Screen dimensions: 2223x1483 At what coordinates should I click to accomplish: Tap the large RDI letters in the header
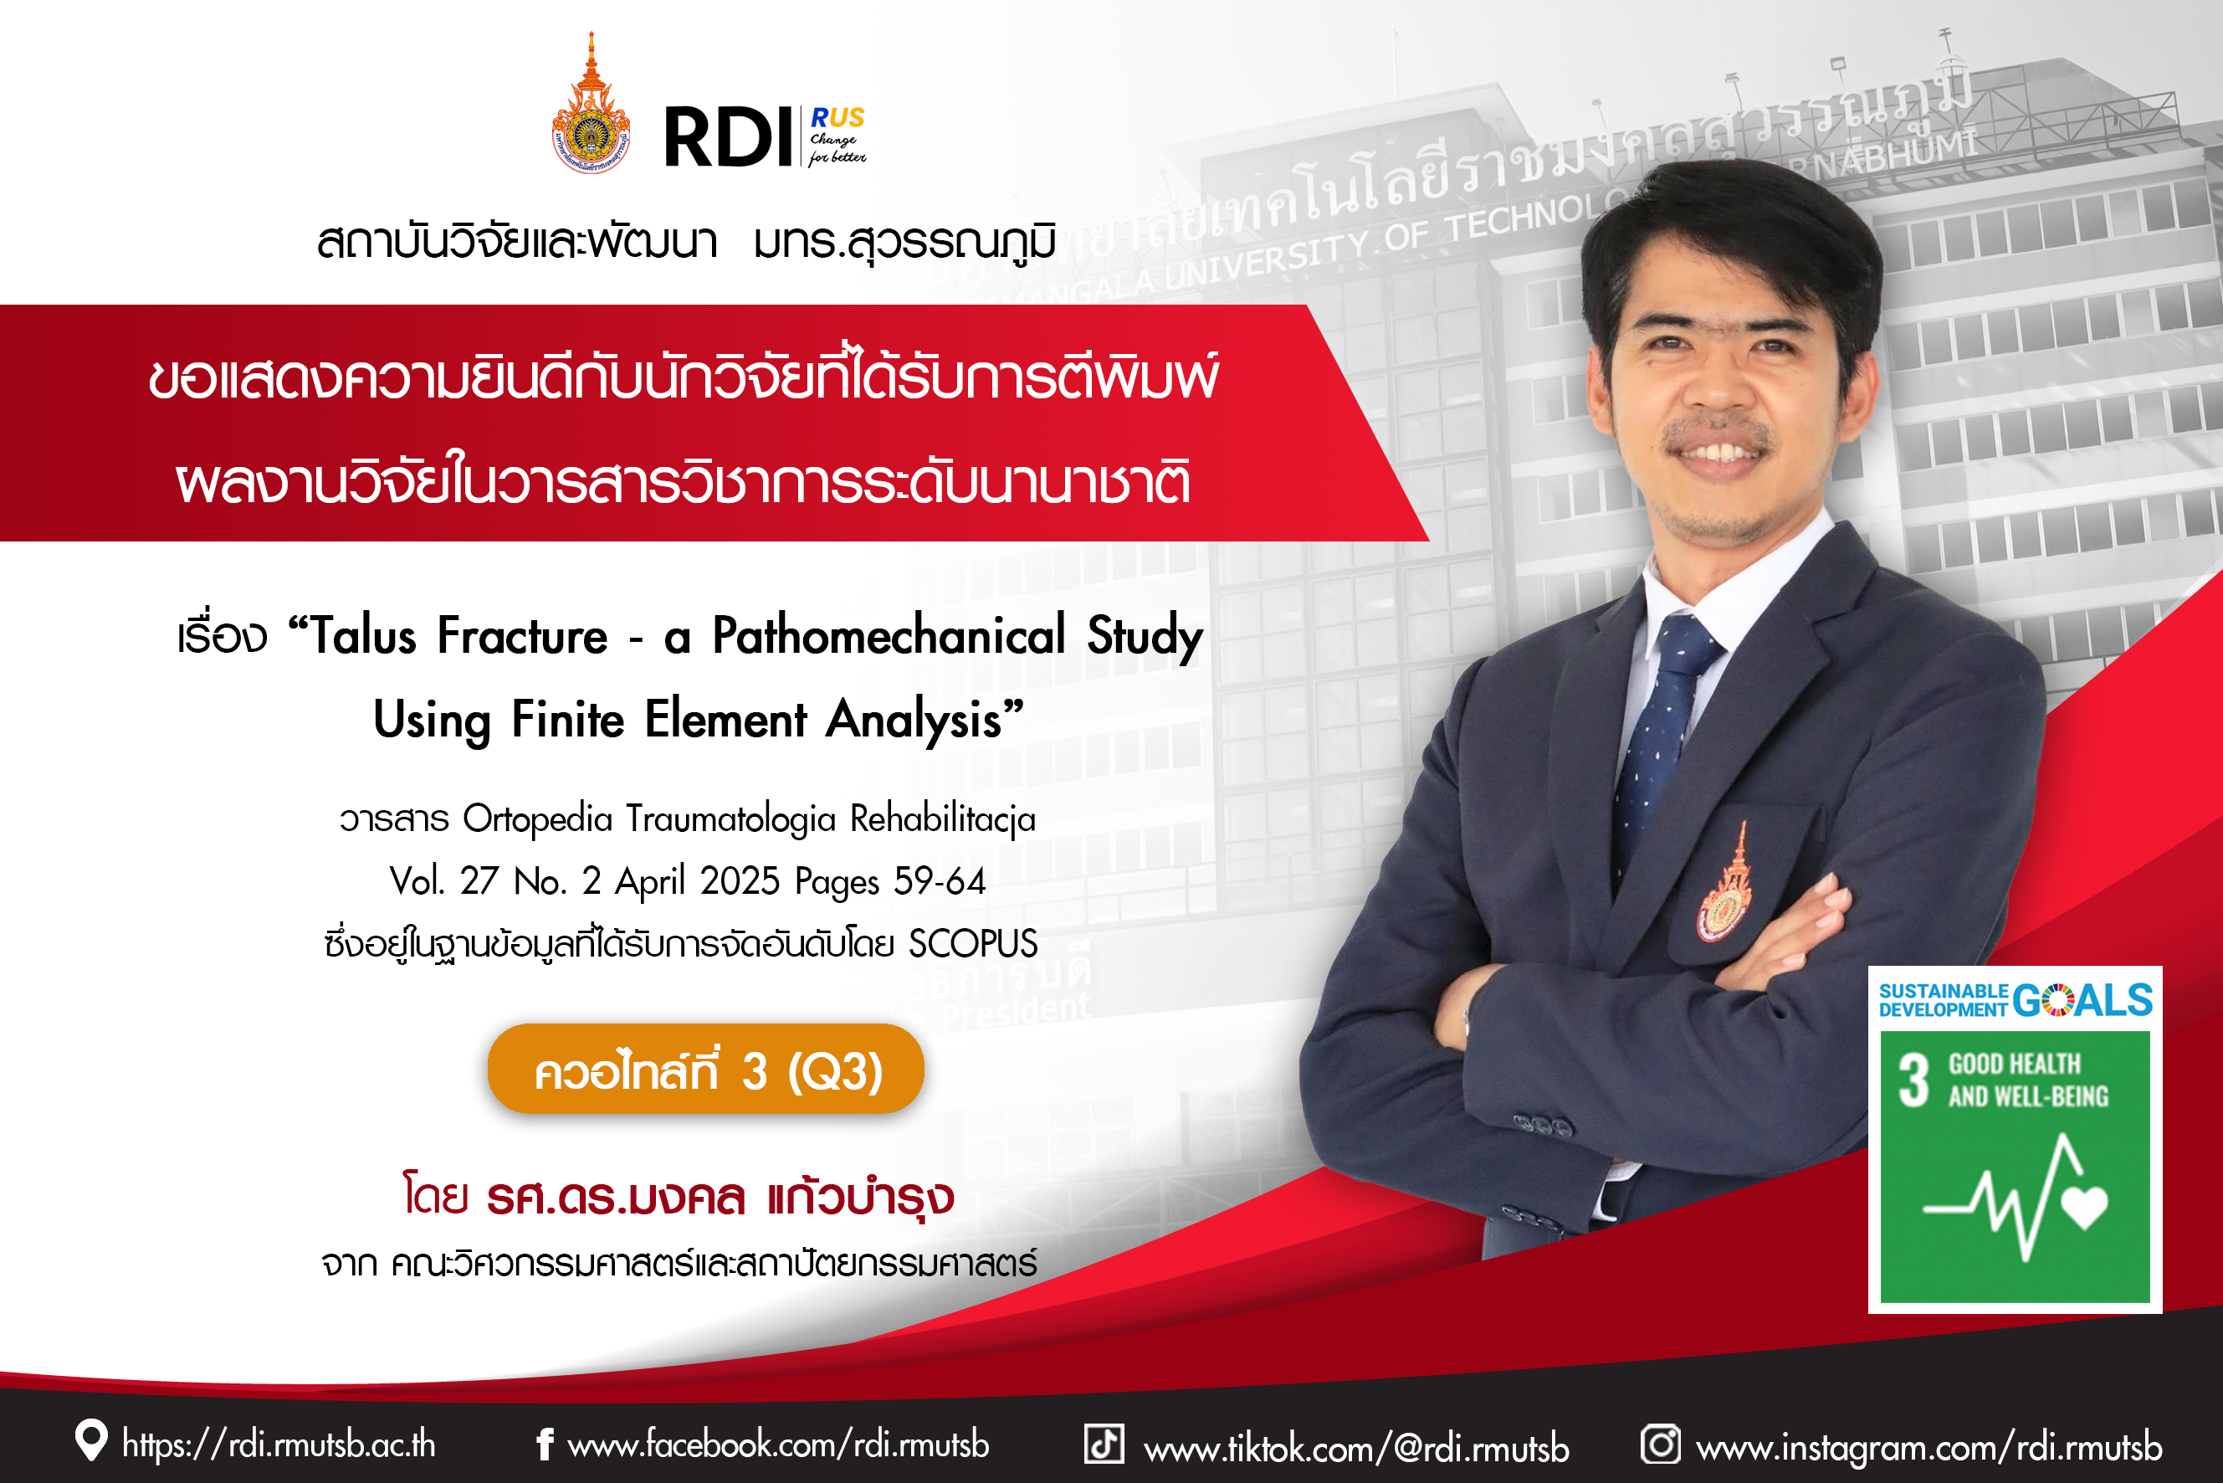click(x=728, y=137)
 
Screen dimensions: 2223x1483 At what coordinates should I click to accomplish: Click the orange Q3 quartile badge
click(x=705, y=1069)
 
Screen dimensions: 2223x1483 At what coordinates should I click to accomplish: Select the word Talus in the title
click(x=364, y=635)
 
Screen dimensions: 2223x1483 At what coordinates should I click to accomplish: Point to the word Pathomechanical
click(x=889, y=635)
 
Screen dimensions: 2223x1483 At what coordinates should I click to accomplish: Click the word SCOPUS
click(x=973, y=944)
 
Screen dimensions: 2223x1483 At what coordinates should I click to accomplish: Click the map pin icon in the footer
click(x=92, y=1440)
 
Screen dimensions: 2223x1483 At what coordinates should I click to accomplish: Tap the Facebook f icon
click(x=545, y=1444)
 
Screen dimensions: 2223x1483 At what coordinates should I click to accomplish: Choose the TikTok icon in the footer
click(x=1104, y=1444)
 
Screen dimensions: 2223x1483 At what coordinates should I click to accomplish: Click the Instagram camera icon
click(x=1661, y=1444)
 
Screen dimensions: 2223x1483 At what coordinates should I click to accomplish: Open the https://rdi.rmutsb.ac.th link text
click(x=279, y=1445)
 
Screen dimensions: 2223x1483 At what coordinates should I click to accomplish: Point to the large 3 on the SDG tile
click(x=1913, y=1081)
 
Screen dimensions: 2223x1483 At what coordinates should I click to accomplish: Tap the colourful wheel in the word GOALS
click(x=2057, y=1000)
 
